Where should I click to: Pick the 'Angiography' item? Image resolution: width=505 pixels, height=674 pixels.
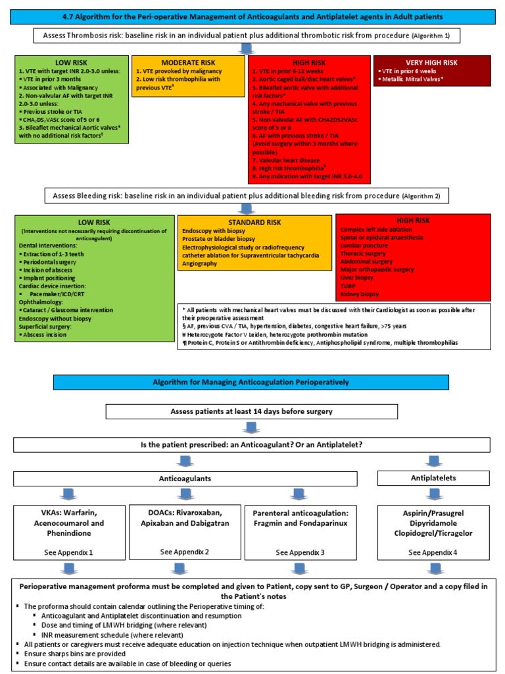204,263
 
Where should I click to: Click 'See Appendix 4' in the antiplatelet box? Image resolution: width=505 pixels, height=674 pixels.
433,552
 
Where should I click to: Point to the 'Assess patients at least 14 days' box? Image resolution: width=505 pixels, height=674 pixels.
252,411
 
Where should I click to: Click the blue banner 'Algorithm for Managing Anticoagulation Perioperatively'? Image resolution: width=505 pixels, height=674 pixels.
252,382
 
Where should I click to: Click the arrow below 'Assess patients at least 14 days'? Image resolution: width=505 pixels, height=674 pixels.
252,427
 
